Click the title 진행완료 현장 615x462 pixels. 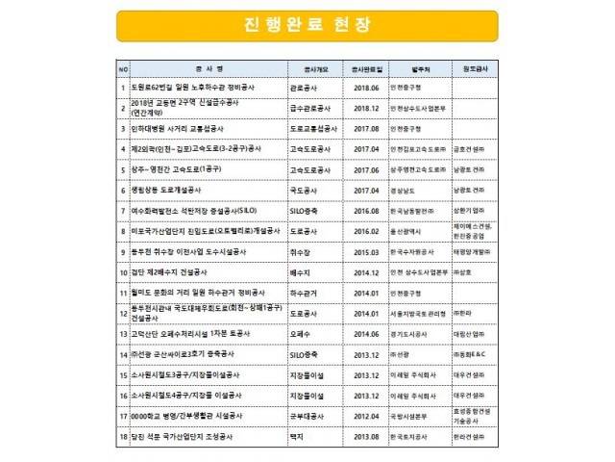[307, 26]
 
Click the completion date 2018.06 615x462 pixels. [367, 88]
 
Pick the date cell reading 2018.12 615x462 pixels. [367, 107]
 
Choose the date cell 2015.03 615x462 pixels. [367, 250]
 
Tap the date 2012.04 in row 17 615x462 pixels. [367, 416]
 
